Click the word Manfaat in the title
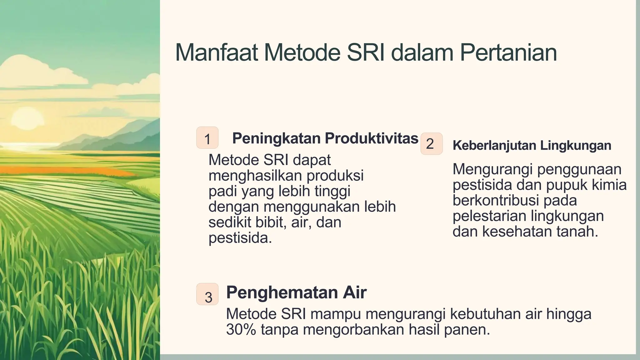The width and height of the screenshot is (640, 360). click(x=216, y=52)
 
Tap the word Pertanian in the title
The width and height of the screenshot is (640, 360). click(x=508, y=52)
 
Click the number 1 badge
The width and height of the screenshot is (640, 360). click(x=207, y=138)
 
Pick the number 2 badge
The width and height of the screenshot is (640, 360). click(x=431, y=144)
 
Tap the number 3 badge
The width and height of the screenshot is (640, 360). click(x=207, y=294)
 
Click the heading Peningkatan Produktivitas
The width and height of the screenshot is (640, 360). click(x=325, y=138)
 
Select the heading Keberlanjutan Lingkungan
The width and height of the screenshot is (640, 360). click(x=532, y=146)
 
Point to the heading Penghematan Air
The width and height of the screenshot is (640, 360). click(x=296, y=292)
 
